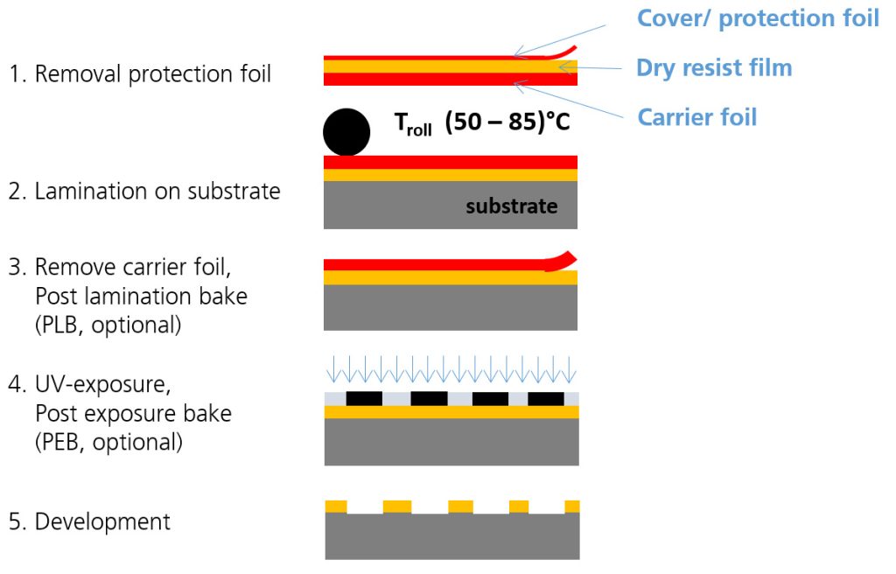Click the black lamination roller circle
346,133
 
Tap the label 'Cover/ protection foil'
758,18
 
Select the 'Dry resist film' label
714,67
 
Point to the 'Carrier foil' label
697,116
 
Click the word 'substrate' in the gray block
511,206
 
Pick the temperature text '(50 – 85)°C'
507,122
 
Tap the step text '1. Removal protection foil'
140,73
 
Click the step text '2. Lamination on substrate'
144,191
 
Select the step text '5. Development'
89,521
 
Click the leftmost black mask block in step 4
364,398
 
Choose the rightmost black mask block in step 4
546,398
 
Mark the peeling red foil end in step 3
561,260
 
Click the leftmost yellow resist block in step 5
336,506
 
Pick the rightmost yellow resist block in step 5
572,506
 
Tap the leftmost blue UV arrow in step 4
331,372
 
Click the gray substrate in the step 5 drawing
451,535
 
